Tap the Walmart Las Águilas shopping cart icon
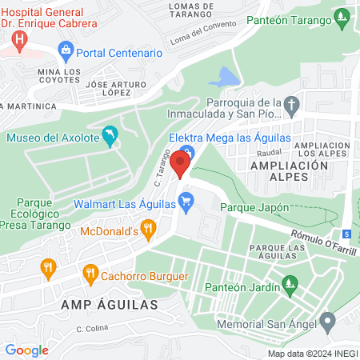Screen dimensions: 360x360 (x=186, y=204)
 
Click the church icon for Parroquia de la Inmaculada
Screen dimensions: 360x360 (x=293, y=104)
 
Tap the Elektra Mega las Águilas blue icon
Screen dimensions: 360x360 (x=186, y=152)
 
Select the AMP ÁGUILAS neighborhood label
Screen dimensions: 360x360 (x=110, y=305)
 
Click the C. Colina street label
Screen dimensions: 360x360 (x=92, y=328)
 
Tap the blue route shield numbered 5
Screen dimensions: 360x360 (x=346, y=234)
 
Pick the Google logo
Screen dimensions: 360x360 (x=26, y=350)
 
